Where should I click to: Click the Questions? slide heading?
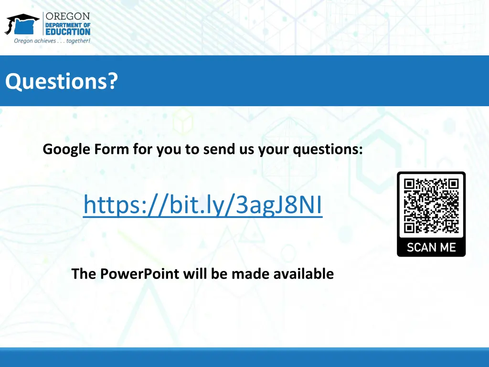(x=61, y=81)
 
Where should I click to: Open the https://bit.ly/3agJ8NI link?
(x=202, y=205)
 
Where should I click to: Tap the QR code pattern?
(x=431, y=205)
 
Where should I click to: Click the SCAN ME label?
(x=431, y=247)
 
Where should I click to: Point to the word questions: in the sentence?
(x=328, y=150)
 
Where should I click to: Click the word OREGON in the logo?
(x=67, y=16)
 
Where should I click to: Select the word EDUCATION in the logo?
(x=67, y=32)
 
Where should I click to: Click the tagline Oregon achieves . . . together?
(x=52, y=41)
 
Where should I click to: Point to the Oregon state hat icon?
(x=21, y=24)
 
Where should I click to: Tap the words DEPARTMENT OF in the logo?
(x=67, y=24)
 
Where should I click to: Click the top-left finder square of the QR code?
(x=410, y=184)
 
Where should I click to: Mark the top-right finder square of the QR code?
(x=452, y=184)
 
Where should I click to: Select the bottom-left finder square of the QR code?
(x=410, y=227)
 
